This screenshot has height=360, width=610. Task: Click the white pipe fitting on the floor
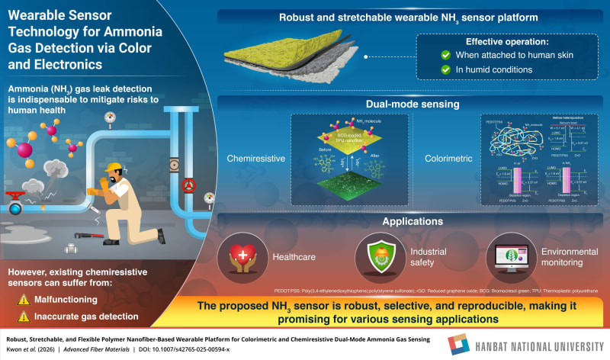click(x=72, y=248)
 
